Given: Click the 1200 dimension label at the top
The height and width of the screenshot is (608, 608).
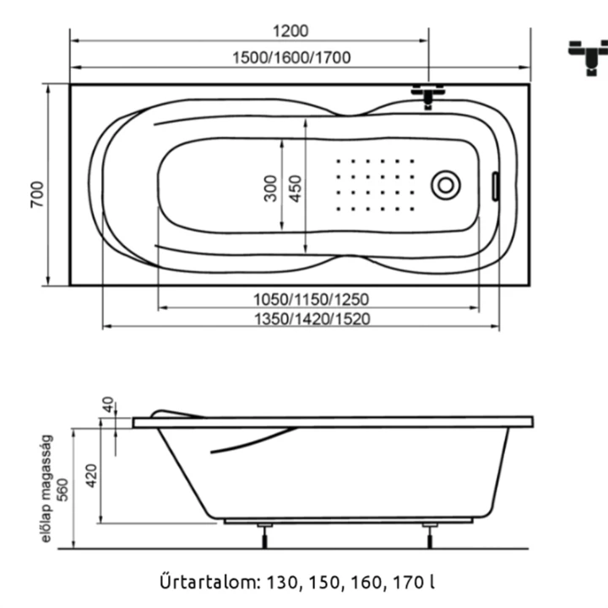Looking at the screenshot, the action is (290, 31).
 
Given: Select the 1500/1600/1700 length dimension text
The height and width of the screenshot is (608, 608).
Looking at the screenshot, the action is (291, 57).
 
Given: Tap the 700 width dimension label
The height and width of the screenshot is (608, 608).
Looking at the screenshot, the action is (38, 194).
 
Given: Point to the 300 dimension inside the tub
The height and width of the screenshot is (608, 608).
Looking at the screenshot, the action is (271, 188).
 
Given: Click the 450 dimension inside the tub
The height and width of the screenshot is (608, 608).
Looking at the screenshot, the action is (296, 188).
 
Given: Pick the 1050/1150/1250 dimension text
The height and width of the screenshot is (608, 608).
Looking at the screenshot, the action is (311, 300).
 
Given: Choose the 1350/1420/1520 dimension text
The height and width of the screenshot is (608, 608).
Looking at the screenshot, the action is (312, 319).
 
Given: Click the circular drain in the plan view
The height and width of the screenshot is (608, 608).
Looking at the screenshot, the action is (446, 185).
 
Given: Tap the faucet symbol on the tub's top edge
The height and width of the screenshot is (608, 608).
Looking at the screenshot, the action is (427, 95).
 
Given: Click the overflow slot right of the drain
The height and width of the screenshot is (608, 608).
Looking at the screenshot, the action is (495, 187).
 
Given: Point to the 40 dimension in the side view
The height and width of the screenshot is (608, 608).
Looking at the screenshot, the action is (108, 404).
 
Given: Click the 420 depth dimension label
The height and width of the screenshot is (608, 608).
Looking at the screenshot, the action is (91, 475).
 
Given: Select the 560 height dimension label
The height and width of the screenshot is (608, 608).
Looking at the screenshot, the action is (62, 490).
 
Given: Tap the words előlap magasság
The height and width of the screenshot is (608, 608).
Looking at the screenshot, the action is (46, 489).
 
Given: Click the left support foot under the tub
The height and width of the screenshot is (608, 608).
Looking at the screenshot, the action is (265, 535).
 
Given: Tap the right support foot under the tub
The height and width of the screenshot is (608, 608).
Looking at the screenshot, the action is (430, 535).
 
